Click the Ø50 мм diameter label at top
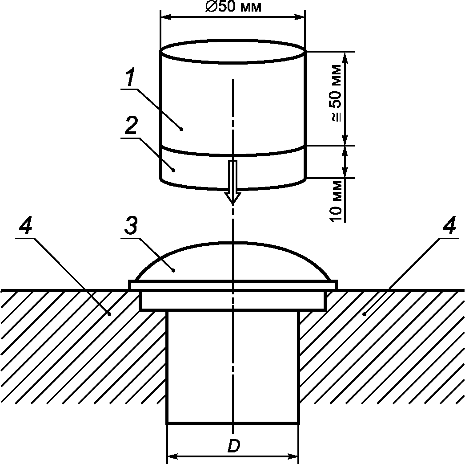click(234, 7)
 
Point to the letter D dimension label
click(234, 446)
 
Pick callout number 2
click(131, 125)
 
